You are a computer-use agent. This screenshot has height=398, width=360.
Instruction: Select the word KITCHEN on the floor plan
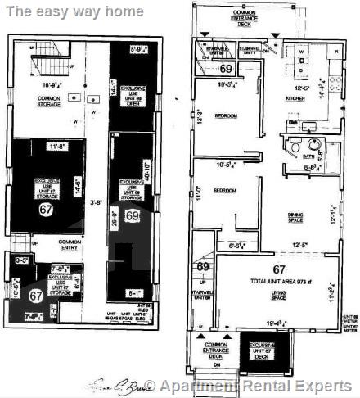(304, 98)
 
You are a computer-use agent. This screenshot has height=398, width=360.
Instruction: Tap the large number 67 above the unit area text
(279, 269)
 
